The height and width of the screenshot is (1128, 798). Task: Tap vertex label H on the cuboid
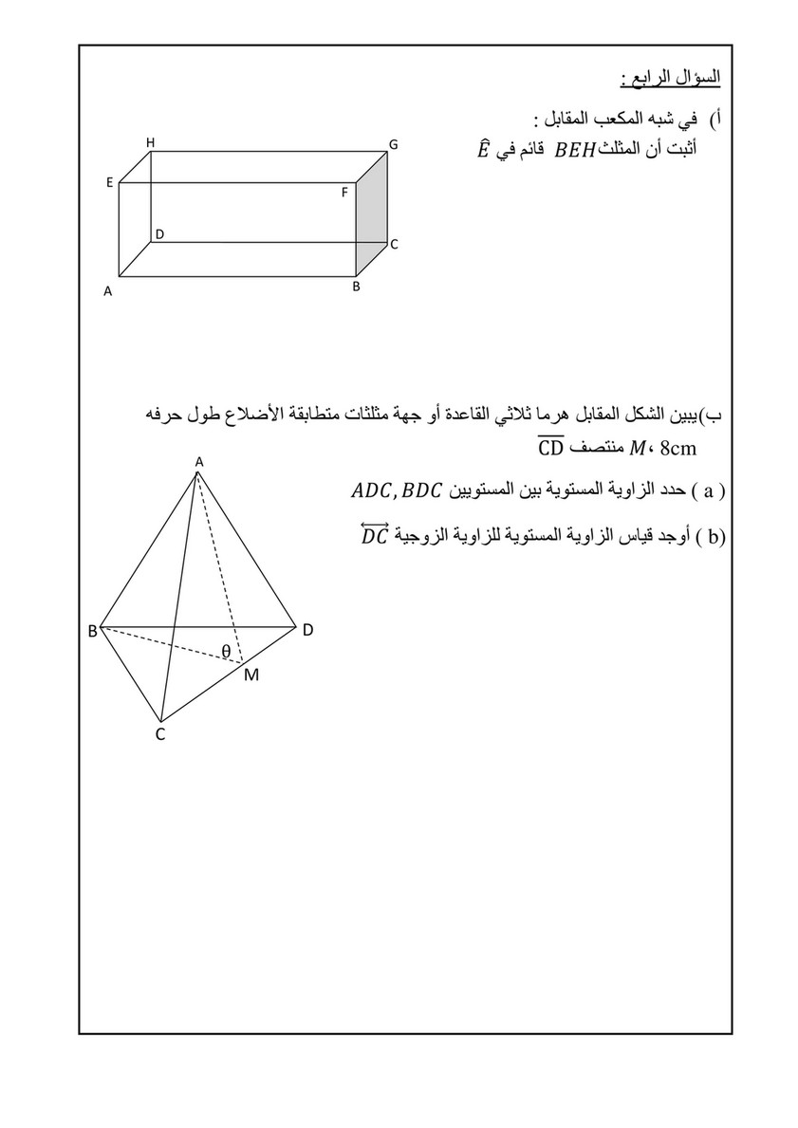point(150,142)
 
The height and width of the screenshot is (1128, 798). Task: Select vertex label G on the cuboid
point(392,144)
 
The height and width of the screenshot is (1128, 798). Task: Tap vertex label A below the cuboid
point(108,292)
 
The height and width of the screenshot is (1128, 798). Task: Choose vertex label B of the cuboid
point(356,286)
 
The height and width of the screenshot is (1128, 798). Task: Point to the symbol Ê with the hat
point(483,149)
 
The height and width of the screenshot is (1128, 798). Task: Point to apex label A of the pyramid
point(198,461)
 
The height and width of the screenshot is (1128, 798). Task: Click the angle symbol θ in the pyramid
point(225,650)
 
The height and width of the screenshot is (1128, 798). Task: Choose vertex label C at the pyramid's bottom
point(160,733)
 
